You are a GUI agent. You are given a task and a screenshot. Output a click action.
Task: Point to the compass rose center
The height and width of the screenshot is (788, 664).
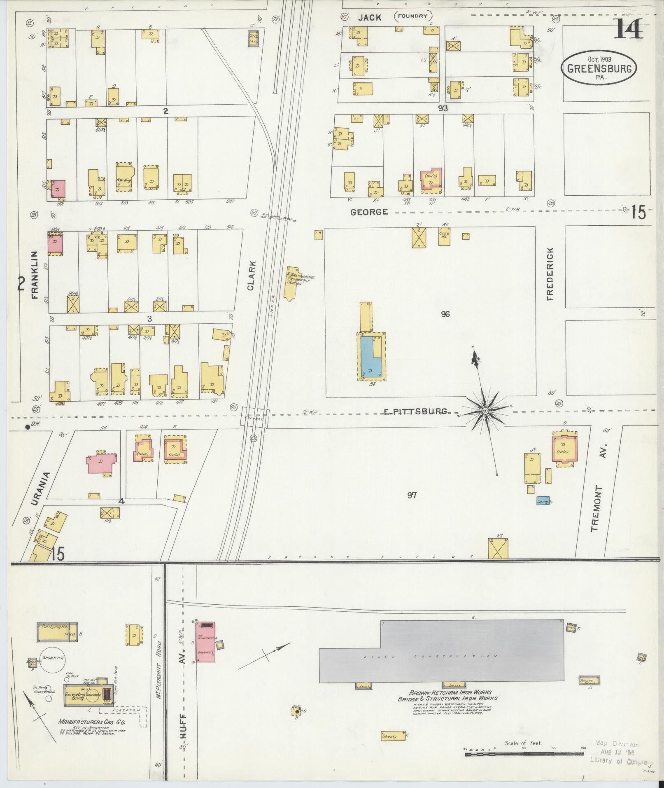[486, 411]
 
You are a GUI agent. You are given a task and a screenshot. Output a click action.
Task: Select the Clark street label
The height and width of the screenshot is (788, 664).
[252, 276]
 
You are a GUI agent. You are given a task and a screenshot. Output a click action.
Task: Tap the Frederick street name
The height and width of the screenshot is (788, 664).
[550, 274]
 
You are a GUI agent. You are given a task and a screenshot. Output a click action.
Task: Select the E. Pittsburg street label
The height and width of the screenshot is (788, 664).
[415, 411]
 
